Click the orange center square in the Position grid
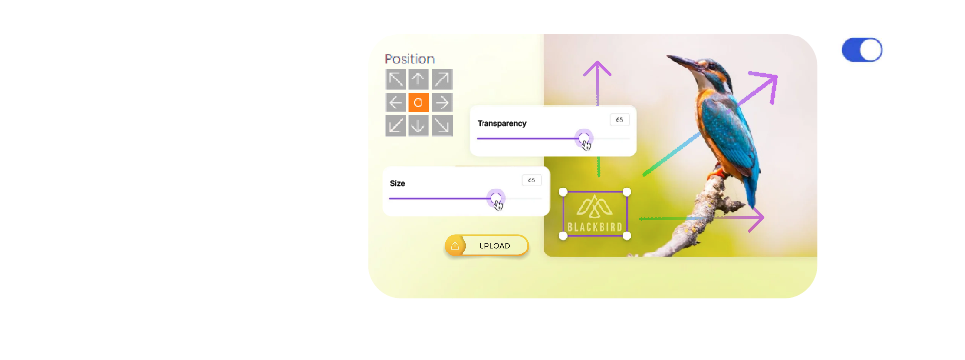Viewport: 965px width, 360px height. [418, 103]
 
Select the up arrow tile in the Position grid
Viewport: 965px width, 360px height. [418, 79]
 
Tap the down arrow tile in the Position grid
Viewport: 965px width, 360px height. [418, 125]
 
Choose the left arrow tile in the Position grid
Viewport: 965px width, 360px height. [396, 103]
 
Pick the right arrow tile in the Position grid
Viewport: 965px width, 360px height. [442, 103]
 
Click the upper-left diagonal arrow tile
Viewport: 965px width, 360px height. [396, 79]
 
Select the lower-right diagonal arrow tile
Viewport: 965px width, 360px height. [442, 125]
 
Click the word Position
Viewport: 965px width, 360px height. [409, 59]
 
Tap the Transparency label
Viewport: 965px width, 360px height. [501, 123]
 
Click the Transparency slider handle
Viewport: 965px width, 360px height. [584, 139]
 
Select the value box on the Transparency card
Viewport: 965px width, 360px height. [619, 120]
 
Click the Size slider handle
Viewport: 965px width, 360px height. [496, 199]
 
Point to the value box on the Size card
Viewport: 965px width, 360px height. [531, 180]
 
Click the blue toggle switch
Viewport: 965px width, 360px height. [861, 50]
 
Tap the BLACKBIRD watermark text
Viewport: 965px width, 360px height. [595, 227]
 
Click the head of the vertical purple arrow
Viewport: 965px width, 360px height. [596, 68]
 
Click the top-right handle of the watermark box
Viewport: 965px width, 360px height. [627, 192]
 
